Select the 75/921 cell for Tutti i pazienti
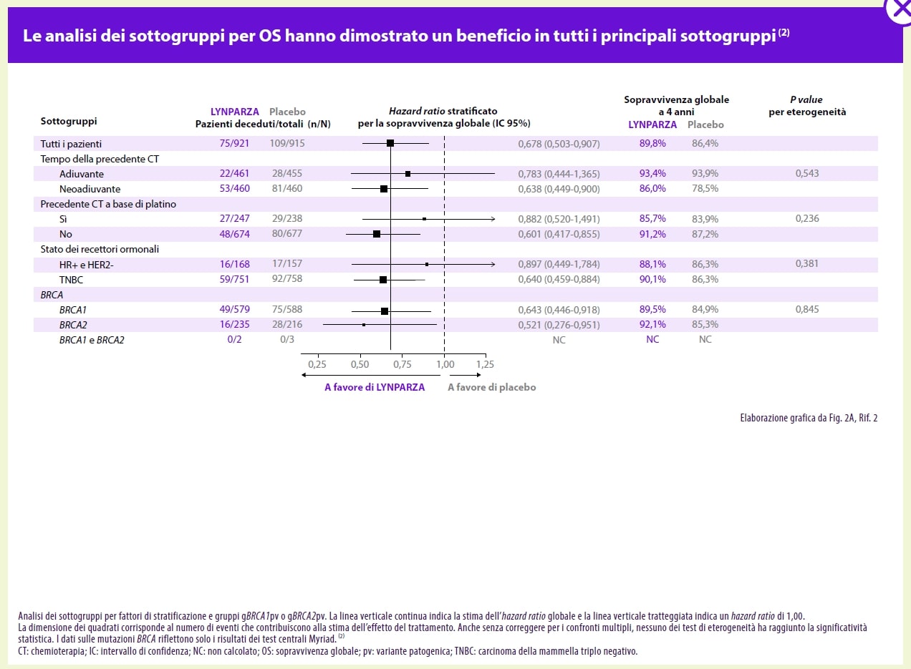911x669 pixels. click(234, 143)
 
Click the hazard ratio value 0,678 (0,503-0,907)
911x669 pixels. click(559, 143)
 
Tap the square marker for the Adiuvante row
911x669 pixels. click(408, 173)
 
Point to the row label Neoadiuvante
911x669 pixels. click(90, 189)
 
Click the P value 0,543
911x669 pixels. click(807, 173)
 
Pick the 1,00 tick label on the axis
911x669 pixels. click(445, 364)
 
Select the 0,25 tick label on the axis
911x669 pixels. click(317, 364)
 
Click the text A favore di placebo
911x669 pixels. click(491, 387)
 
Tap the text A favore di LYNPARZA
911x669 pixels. click(375, 387)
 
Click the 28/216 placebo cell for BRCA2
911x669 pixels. click(287, 325)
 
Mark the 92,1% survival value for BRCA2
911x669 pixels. click(652, 325)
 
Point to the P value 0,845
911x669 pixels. click(807, 310)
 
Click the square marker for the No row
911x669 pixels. click(377, 234)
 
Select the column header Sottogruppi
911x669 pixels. click(69, 122)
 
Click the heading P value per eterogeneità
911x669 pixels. click(807, 106)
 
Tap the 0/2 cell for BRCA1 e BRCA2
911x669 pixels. click(234, 340)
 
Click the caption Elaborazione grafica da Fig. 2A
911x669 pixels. click(808, 418)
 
